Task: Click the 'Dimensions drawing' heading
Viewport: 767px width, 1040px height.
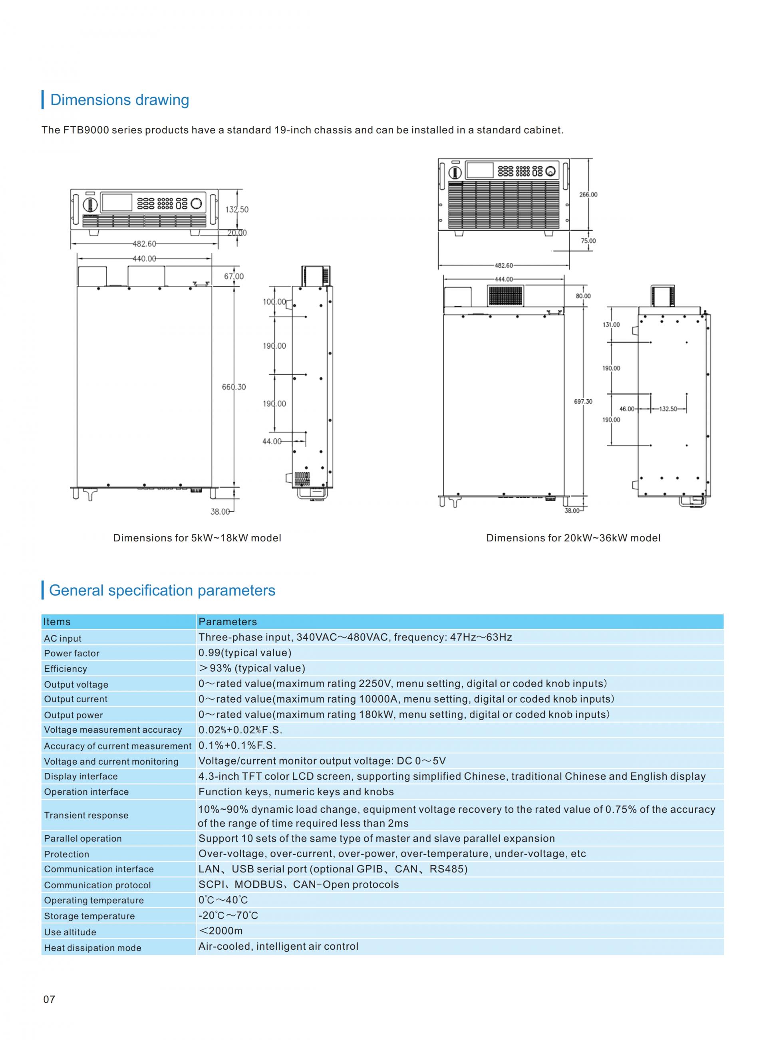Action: [x=119, y=100]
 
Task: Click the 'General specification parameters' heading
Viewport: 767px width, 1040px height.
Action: [x=162, y=590]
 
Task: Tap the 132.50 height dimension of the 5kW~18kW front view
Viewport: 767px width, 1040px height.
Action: [x=237, y=210]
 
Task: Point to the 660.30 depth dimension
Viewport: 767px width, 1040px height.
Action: [x=234, y=387]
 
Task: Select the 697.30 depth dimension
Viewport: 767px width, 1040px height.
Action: [x=583, y=401]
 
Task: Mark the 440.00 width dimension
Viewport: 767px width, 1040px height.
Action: [x=144, y=259]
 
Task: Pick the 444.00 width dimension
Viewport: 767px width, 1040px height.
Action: [x=504, y=279]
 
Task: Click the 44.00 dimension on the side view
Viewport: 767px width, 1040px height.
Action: [x=272, y=441]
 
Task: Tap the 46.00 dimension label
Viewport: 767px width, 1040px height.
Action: [x=627, y=409]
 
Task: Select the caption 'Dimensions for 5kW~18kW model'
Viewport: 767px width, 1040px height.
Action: [x=197, y=538]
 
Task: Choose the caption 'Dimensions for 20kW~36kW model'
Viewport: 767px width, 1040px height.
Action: [x=573, y=538]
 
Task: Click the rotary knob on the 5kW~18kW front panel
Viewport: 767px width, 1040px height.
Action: [x=197, y=204]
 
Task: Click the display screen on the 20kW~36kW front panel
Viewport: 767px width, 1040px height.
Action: [x=480, y=170]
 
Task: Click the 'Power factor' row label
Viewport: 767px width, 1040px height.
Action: [x=72, y=653]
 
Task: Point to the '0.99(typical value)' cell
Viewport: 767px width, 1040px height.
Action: [x=244, y=653]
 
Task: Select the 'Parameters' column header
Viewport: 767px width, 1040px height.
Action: [x=227, y=622]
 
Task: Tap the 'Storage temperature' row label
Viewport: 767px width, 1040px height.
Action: [x=89, y=916]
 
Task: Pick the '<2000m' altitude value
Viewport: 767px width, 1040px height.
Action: [x=221, y=931]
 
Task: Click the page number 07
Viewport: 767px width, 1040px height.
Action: [x=49, y=1000]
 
